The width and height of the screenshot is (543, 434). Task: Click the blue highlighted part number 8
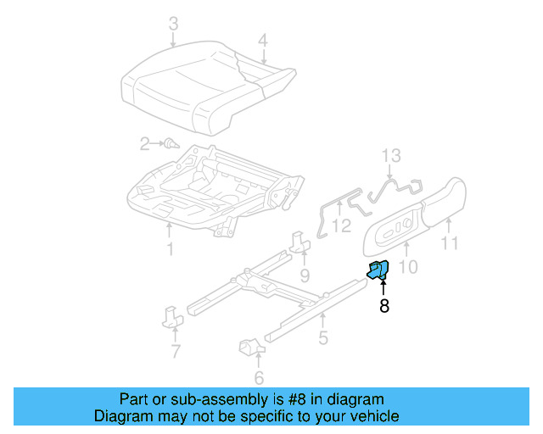378,270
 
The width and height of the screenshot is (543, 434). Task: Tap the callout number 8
384,307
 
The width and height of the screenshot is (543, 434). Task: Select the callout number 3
173,24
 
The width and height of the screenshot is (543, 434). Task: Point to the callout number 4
263,40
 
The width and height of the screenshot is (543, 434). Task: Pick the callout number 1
170,249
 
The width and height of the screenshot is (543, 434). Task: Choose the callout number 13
390,156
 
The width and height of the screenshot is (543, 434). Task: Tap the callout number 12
340,225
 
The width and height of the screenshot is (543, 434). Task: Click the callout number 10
408,268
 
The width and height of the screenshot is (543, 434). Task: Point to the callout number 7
175,351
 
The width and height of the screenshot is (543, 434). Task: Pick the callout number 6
259,378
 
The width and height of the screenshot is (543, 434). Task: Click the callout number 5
323,339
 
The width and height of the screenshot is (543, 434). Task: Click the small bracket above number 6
250,347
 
